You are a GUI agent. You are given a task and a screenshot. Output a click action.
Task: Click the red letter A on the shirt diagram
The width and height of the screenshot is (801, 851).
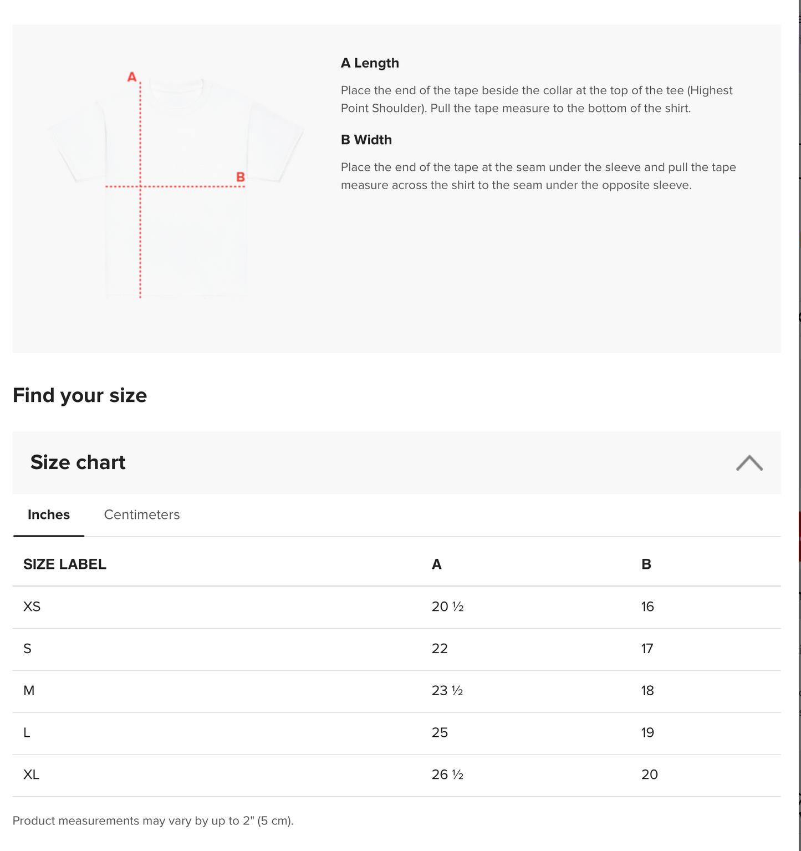(132, 77)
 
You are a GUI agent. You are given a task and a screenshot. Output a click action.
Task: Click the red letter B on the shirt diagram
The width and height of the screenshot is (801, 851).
(241, 177)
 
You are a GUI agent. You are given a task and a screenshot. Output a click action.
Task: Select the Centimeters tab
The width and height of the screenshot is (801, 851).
(142, 514)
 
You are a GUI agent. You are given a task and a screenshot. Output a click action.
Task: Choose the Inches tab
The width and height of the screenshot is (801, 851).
(49, 514)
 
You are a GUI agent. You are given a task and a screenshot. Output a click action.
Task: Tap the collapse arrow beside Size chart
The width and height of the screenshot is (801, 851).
(749, 463)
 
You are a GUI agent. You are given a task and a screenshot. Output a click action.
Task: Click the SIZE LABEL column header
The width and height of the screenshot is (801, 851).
(65, 564)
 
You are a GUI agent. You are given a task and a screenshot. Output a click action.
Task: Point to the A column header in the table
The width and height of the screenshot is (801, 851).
(437, 564)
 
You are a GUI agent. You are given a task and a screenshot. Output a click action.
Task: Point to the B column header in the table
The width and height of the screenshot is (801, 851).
(646, 564)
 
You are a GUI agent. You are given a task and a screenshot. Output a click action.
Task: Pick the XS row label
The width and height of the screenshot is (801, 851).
(32, 607)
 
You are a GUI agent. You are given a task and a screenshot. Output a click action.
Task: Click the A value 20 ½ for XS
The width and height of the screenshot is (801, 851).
(447, 607)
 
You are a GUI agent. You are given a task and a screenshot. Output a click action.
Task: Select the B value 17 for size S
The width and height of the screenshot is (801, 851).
(647, 649)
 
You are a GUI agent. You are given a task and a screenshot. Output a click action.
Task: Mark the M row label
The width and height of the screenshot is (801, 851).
(29, 691)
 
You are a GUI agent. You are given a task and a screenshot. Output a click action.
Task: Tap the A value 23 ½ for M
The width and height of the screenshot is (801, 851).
(447, 691)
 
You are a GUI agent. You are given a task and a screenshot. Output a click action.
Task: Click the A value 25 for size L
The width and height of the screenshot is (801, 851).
(440, 733)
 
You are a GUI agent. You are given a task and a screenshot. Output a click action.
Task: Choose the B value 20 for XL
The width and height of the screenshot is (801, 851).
(650, 774)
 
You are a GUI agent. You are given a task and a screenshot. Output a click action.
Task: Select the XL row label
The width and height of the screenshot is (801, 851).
(32, 774)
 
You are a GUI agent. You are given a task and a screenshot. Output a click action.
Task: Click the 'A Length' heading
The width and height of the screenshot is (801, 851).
(370, 63)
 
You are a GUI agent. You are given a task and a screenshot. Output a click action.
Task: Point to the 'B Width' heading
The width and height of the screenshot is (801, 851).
(366, 140)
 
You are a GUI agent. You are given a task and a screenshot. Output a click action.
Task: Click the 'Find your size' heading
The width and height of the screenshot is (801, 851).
(80, 395)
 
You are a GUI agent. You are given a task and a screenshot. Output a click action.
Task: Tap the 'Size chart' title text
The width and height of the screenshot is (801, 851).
(78, 462)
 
